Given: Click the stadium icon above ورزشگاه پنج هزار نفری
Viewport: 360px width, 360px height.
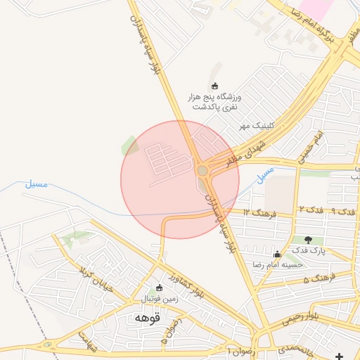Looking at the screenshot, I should coord(214,86).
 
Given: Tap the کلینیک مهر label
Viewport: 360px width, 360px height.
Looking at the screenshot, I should coord(254,125).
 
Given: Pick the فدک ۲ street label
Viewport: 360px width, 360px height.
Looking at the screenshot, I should coord(310,210).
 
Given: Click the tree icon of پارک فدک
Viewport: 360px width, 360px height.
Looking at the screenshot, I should coord(307,240).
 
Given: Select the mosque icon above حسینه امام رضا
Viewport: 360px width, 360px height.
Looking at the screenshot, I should coord(277,254).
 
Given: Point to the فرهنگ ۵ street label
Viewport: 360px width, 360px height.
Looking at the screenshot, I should coord(317,279).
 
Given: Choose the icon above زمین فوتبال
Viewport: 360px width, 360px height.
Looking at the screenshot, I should coord(159,288).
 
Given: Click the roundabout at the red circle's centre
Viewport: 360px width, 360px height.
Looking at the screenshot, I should coord(202,171).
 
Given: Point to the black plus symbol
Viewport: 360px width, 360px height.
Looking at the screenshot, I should coord(341,356).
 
